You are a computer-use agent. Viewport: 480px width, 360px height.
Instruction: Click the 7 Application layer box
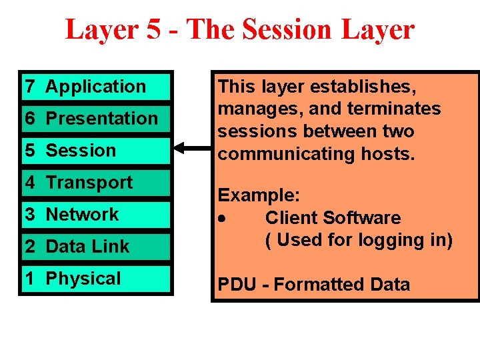click(96, 87)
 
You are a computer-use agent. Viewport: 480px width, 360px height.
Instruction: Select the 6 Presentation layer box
click(96, 119)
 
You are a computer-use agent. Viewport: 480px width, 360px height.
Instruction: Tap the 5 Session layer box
click(96, 151)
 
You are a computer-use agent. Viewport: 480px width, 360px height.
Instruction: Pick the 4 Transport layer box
click(96, 183)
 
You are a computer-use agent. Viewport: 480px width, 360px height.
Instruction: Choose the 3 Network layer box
click(96, 215)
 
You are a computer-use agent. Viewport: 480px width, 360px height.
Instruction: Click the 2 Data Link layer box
click(96, 247)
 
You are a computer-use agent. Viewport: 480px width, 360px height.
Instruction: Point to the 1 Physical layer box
click(96, 279)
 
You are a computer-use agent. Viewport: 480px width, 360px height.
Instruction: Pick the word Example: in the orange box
click(259, 195)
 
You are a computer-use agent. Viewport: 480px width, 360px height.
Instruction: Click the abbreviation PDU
click(237, 285)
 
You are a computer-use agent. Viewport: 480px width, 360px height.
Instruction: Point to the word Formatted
click(313, 285)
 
